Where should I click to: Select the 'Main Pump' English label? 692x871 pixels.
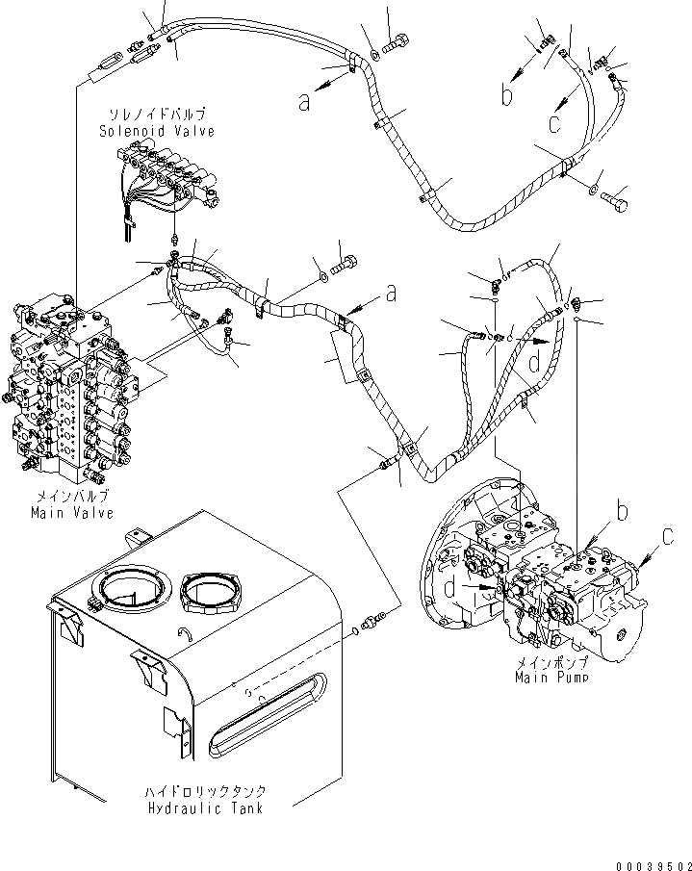[551, 677]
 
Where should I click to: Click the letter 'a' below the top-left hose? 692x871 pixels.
[304, 103]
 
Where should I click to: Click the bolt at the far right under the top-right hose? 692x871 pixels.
[615, 203]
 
